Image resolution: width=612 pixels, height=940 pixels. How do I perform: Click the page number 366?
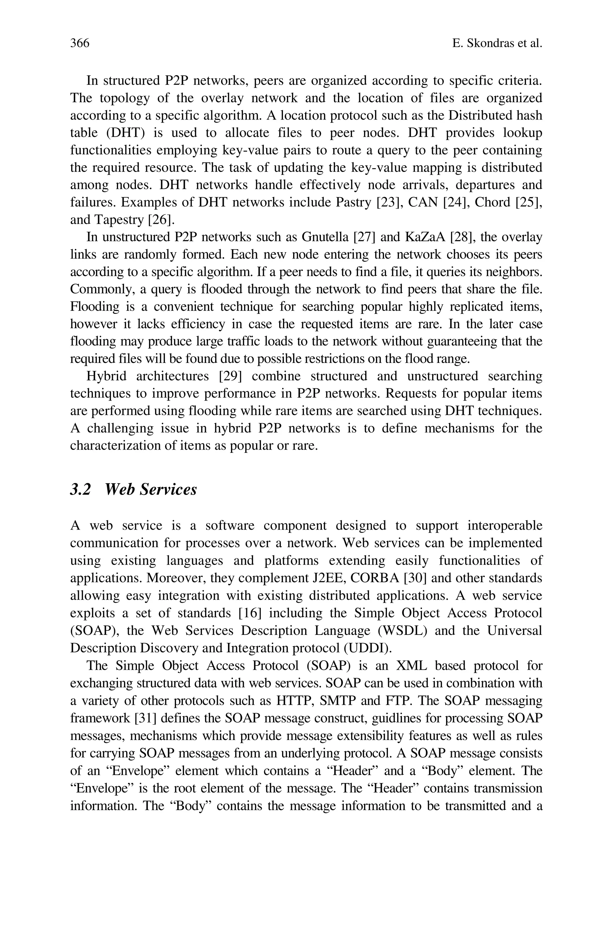pyautogui.click(x=80, y=43)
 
